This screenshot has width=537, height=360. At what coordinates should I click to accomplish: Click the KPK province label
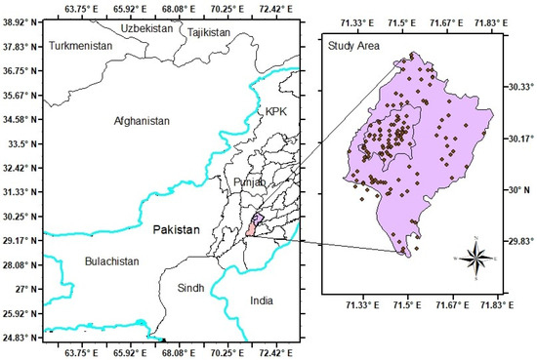pyautogui.click(x=278, y=113)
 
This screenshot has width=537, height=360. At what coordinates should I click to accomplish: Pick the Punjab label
pyautogui.click(x=249, y=182)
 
